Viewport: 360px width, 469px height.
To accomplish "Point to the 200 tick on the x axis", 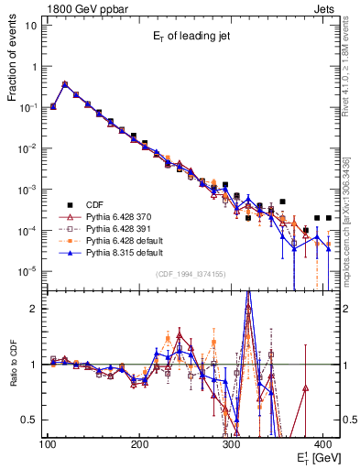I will [139, 445].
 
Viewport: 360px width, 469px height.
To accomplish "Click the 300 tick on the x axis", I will [231, 445].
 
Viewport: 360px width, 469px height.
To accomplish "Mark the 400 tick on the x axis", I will [322, 445].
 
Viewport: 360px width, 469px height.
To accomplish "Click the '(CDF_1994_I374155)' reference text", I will [192, 274].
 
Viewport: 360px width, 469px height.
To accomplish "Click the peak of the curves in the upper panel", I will [64, 83].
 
